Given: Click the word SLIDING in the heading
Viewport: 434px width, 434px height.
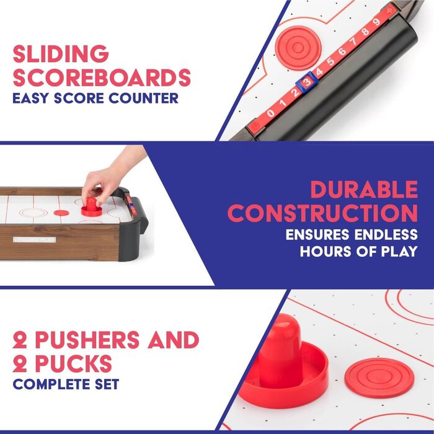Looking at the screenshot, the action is coord(61,53).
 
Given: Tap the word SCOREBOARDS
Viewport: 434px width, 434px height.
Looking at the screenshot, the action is coord(102,77).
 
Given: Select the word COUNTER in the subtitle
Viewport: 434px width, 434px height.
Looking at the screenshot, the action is coord(143,98).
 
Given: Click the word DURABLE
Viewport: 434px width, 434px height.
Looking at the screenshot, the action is coord(364,189).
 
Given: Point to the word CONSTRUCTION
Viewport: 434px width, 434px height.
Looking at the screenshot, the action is coord(322,213).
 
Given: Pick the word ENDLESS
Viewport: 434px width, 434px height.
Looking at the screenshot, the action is coord(386,234).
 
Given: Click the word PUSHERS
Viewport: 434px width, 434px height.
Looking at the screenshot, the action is coord(87,340).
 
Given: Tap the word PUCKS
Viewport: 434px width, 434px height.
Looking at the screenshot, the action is coord(74,363).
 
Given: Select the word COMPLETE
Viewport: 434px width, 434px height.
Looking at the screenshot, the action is coord(51,384).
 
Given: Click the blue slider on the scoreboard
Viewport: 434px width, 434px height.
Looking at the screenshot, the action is coord(307,82).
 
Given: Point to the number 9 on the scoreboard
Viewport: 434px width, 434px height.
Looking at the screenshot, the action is coord(376,22).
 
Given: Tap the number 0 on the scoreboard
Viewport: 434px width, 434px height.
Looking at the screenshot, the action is coord(270,113).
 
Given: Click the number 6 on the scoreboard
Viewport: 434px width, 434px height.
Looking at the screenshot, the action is coord(342,51).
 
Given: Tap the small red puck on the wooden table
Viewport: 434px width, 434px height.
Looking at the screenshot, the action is coord(61,213).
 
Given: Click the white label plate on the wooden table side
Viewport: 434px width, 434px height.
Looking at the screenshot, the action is coord(34,240).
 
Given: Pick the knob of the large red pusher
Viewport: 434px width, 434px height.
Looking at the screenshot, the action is coord(280,349).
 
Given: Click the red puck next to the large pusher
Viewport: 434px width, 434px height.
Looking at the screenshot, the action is coord(379,378).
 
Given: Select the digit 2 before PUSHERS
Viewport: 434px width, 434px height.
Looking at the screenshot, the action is coord(20,340).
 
